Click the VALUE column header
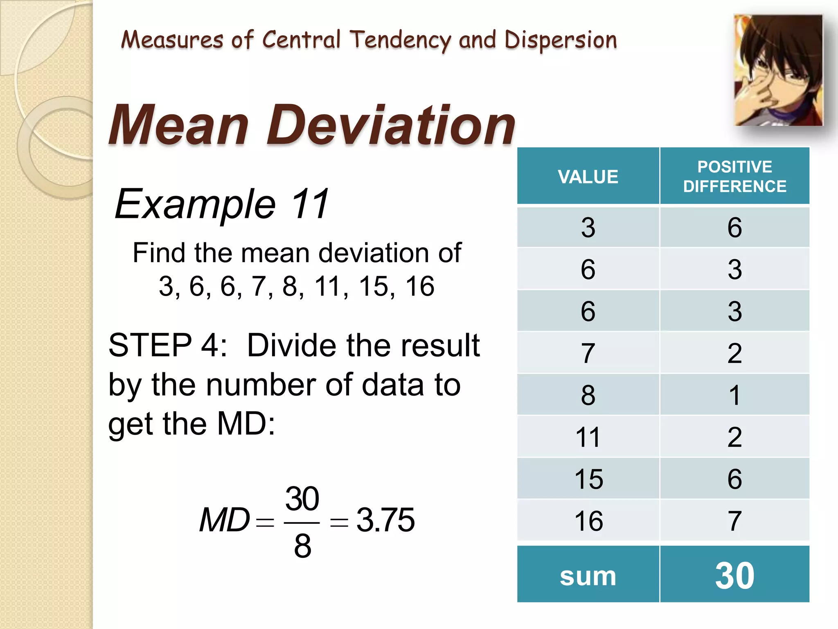tap(588, 176)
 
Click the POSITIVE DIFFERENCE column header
tap(734, 176)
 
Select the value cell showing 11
tap(588, 437)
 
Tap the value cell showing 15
tap(588, 479)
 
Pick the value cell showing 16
tap(588, 521)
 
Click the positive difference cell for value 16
tap(734, 521)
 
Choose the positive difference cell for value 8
tap(734, 395)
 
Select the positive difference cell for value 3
tap(734, 227)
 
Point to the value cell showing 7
tap(588, 353)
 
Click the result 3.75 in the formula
tap(385, 520)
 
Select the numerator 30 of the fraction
tap(302, 499)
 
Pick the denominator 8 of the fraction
tap(302, 546)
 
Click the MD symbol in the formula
tap(224, 520)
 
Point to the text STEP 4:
tap(168, 345)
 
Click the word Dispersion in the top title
tap(560, 41)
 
